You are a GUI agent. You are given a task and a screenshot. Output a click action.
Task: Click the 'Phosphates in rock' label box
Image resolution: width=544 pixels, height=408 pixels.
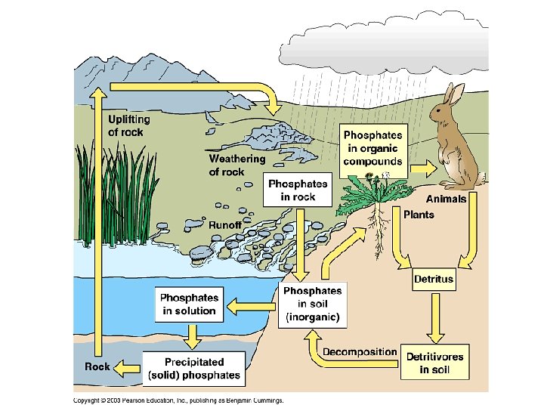point(298,189)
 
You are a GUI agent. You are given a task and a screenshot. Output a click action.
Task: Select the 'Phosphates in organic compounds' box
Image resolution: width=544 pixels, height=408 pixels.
point(372,147)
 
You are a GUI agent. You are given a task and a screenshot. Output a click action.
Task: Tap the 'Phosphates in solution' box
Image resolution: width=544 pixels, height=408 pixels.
point(189,304)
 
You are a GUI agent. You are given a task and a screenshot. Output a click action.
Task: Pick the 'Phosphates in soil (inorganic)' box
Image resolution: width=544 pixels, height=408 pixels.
point(312,304)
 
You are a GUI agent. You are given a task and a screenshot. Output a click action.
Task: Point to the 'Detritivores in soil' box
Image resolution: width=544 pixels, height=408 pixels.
point(434,363)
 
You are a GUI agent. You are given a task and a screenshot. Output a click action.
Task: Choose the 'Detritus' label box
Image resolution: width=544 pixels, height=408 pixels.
point(434,279)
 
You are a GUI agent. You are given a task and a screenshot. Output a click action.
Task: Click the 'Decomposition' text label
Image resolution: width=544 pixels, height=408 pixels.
point(360,352)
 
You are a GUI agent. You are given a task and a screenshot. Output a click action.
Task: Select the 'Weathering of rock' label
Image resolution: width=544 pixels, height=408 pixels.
point(236,165)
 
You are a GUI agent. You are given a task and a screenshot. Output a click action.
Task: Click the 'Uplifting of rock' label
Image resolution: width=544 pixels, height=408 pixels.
point(129,125)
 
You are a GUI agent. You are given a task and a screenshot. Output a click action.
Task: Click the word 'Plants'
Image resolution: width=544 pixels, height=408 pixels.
point(419,215)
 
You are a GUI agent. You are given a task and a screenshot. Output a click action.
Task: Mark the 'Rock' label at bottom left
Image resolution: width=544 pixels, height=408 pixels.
point(97,366)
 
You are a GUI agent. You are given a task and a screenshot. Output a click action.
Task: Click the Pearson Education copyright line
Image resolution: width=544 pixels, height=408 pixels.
point(178,400)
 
